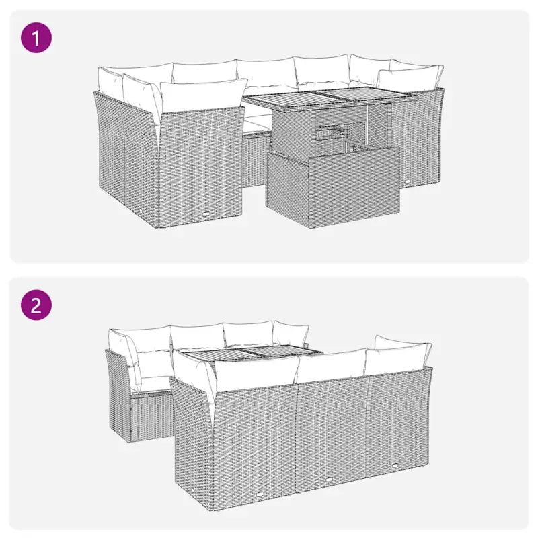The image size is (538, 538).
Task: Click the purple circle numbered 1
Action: [36, 38]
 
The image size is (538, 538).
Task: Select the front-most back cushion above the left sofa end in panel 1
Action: [202, 95]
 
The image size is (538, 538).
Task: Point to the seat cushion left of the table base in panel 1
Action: [256, 123]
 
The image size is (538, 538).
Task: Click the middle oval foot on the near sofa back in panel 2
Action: [329, 478]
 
